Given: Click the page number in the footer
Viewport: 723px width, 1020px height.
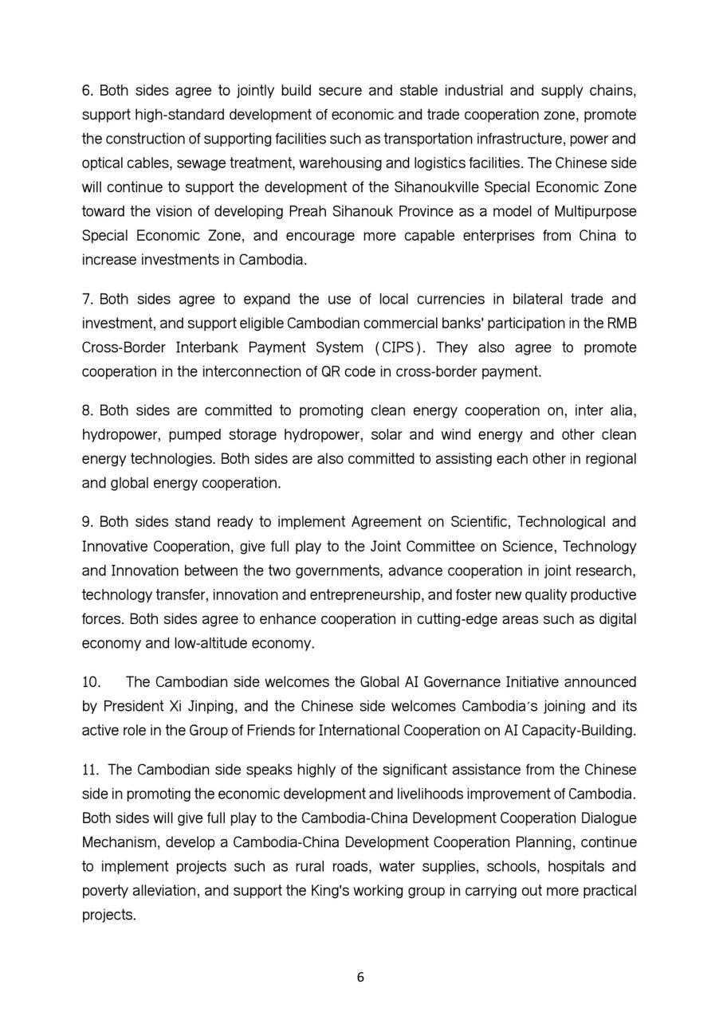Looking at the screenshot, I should tap(361, 978).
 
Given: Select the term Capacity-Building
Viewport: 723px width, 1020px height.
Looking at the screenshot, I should tap(586, 731).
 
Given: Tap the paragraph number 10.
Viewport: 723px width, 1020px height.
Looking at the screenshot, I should tap(90, 683).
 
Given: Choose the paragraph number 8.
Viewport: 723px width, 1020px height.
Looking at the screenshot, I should tap(88, 411).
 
